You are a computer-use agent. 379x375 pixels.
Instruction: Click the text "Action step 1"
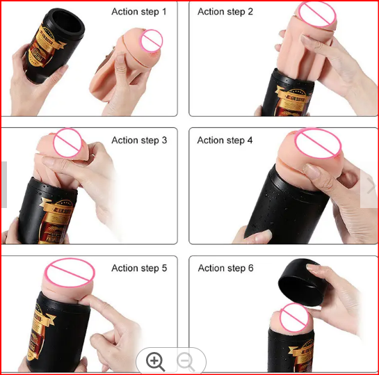pos(139,12)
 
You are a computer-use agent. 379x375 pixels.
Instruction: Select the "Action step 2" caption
pos(225,12)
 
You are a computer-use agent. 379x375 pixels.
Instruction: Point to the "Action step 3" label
pos(139,141)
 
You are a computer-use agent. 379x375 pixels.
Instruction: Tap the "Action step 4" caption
pos(225,141)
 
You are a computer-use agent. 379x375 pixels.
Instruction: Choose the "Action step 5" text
pos(139,269)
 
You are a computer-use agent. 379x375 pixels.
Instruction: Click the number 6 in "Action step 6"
pos(250,269)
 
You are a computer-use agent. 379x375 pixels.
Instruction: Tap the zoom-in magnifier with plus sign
pos(155,361)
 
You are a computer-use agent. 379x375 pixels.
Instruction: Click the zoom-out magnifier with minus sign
pos(186,361)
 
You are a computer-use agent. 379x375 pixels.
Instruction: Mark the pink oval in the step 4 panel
pos(318,143)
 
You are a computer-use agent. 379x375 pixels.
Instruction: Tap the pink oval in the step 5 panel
pos(70,271)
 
